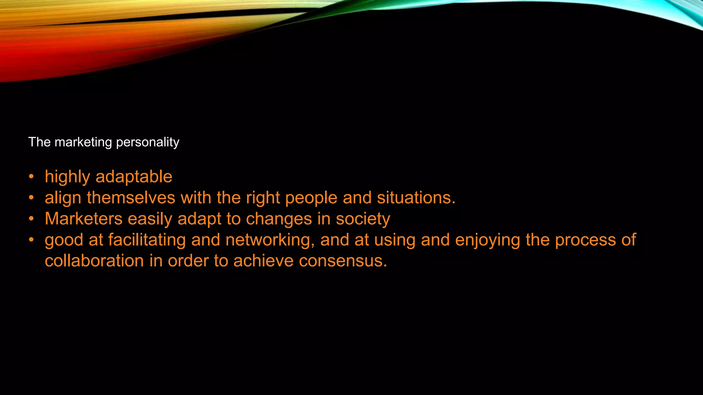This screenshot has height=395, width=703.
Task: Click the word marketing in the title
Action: pos(83,142)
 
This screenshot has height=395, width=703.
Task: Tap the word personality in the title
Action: pos(148,142)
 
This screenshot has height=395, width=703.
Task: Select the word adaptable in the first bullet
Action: pos(134,177)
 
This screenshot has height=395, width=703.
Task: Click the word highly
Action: pos(67,177)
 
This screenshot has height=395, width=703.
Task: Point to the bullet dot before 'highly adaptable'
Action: pos(31,177)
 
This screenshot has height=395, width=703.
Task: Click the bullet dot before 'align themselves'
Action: pos(31,198)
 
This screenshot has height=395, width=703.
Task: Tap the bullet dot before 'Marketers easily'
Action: pos(31,219)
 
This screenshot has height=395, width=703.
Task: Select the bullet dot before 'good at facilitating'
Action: pos(31,240)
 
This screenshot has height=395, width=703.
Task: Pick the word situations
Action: pos(416,198)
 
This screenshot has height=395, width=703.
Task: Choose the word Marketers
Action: pos(83,219)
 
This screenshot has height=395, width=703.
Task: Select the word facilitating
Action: pos(147,240)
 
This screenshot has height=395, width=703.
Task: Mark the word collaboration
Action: pos(94,261)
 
